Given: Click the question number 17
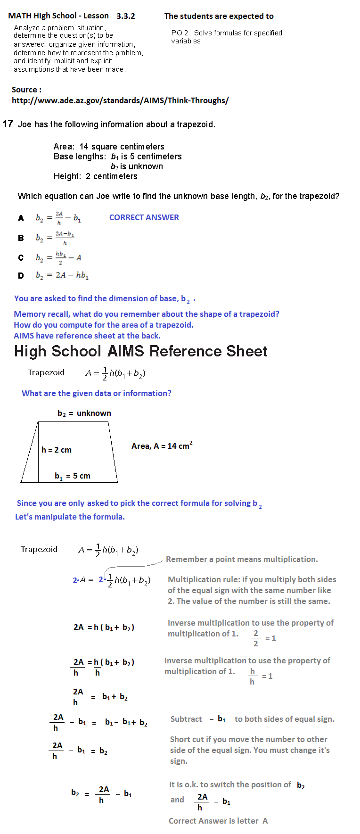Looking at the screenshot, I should point(8,124).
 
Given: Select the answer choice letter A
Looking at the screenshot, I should point(21,218).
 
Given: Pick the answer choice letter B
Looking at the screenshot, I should point(21,238).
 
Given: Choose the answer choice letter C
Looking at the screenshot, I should point(21,258).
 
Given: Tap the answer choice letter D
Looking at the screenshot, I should point(21,276).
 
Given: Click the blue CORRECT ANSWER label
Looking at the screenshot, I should point(144,217).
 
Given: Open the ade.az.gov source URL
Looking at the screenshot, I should point(120,100).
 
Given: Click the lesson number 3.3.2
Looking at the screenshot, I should point(125,16).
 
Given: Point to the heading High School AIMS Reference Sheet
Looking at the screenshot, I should point(140,351).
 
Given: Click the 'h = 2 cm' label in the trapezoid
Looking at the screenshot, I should point(57,450).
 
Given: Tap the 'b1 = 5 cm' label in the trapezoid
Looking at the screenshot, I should point(72,476).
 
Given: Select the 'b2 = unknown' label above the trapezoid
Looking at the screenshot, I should point(84,413).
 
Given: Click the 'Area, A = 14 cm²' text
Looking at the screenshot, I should point(162,446).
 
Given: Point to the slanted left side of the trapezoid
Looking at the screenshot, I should point(29,453).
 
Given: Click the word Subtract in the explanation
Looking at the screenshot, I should point(186,719).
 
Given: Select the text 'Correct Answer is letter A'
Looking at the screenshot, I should point(218,821).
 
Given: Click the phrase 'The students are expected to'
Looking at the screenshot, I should point(219,16).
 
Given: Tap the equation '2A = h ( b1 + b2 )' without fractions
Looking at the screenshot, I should point(104,627).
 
